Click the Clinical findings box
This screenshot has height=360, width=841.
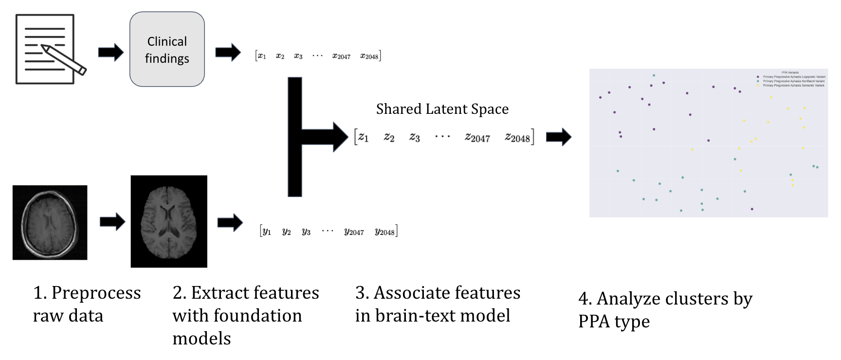click(x=167, y=50)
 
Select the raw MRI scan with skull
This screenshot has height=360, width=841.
click(x=50, y=222)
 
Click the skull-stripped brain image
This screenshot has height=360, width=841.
click(x=169, y=221)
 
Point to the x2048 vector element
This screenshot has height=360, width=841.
click(x=369, y=56)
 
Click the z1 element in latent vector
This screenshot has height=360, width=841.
click(x=363, y=137)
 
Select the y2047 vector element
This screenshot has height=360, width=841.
click(x=354, y=232)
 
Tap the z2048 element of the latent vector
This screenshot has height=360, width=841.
click(x=517, y=138)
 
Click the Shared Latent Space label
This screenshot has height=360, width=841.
click(x=442, y=109)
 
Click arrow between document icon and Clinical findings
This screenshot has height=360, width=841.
click(x=111, y=53)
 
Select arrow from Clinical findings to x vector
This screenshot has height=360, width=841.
click(x=228, y=52)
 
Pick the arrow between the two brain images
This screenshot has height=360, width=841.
click(x=112, y=222)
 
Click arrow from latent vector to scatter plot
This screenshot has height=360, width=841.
click(x=558, y=137)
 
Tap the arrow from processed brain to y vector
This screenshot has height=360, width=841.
click(x=230, y=223)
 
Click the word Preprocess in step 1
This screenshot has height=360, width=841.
click(x=96, y=293)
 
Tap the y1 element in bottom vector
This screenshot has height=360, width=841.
click(x=266, y=232)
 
